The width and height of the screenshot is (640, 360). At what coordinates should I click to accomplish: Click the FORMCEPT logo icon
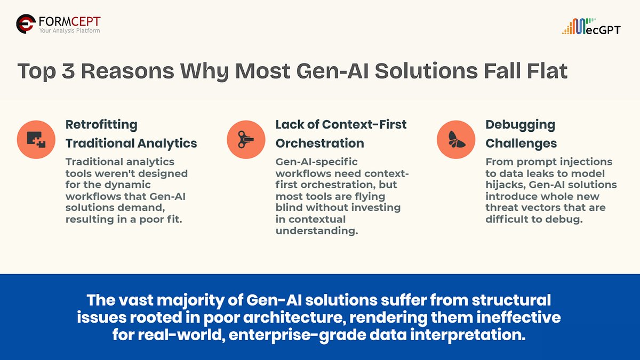[x=26, y=24]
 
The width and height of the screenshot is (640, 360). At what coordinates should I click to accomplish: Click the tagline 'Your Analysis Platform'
[x=69, y=30]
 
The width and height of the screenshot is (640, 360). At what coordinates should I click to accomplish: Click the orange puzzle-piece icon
[x=36, y=140]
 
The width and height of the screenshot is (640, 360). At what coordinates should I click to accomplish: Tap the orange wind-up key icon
[x=246, y=140]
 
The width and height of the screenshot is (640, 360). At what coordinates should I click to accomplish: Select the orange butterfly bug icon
[x=455, y=140]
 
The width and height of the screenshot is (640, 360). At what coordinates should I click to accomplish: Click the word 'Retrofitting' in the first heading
[x=101, y=125]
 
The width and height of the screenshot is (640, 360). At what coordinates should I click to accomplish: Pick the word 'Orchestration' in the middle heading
[x=319, y=143]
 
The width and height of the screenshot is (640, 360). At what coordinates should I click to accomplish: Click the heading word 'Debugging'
[x=520, y=125]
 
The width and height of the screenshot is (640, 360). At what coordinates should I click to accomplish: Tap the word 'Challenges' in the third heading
[x=521, y=143]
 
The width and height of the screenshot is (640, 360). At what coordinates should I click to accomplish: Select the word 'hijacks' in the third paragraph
[x=504, y=185]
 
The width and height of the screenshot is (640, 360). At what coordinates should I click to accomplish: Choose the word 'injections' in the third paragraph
[x=585, y=162]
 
